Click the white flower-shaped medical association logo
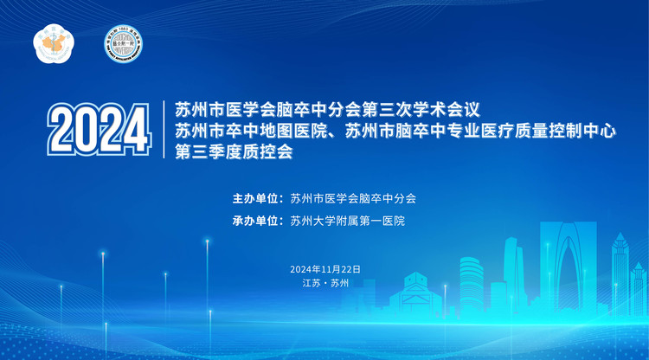tap(50, 42)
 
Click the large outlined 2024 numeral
tap(98, 132)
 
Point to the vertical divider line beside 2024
tap(164, 130)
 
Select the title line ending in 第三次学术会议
tap(325, 111)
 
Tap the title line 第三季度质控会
tap(234, 152)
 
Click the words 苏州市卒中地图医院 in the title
tap(254, 132)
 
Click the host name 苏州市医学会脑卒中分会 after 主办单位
tap(354, 198)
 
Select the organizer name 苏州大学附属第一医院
tap(348, 221)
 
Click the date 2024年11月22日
tap(325, 269)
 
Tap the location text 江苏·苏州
tap(324, 283)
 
